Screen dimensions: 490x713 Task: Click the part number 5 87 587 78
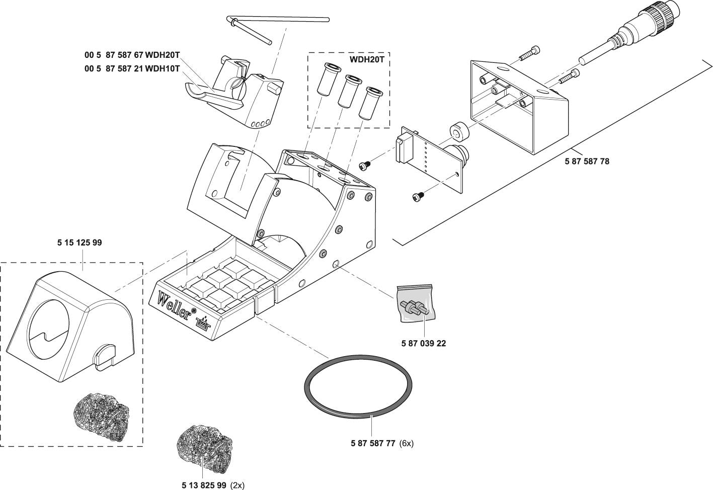pos(586,162)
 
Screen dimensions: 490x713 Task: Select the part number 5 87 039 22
pos(423,344)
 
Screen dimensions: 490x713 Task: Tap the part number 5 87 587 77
pos(372,444)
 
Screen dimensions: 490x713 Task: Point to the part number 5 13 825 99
pos(204,485)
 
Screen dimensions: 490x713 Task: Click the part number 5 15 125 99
pos(80,242)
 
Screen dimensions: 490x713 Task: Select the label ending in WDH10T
pos(132,69)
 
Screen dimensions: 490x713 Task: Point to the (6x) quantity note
pos(407,444)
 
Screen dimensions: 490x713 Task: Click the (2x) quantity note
pos(237,485)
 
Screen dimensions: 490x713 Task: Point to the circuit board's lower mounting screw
pos(417,195)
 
